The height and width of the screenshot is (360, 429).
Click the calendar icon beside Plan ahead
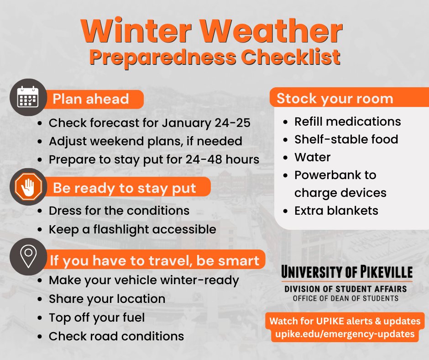28,97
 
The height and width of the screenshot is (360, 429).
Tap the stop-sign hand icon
28,187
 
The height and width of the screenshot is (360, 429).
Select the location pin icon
28,256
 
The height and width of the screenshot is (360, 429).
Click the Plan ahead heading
91,99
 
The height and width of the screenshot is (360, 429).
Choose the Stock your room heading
335,99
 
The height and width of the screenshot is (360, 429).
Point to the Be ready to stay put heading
125,188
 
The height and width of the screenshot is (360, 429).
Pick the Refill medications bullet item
347,122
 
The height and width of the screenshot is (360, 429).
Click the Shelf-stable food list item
346,139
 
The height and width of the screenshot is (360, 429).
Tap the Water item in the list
312,157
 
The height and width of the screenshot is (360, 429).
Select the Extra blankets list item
336,211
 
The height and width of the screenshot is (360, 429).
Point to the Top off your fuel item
96,317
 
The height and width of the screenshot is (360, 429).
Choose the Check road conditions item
116,336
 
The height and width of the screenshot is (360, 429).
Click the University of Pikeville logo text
346,273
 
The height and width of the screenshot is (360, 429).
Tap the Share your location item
107,299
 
